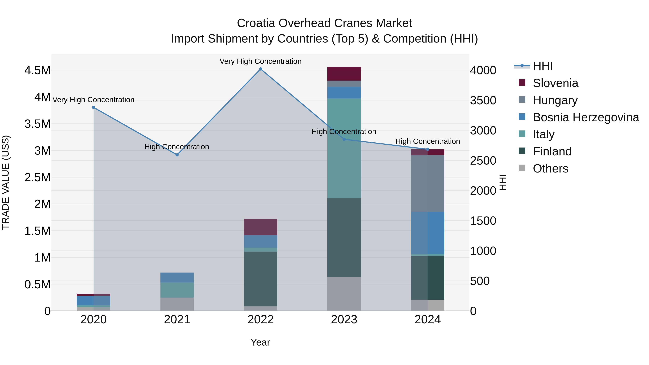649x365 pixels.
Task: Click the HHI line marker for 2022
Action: point(261,69)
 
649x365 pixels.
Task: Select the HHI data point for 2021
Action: point(177,155)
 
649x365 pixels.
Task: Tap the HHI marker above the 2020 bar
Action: point(93,107)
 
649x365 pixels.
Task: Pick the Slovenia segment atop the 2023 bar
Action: point(344,74)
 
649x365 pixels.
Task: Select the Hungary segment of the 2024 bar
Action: point(428,183)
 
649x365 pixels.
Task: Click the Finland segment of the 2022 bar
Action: point(261,279)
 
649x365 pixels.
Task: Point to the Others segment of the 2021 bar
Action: point(177,304)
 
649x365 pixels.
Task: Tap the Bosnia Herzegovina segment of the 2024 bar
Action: point(428,233)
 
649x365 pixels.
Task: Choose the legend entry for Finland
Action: point(552,151)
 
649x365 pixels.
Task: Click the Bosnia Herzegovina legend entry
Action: point(586,117)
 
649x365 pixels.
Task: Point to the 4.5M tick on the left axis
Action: point(37,70)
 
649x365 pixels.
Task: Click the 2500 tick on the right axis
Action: point(483,161)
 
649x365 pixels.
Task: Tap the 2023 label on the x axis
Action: point(344,320)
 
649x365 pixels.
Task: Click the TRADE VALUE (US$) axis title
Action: point(6,182)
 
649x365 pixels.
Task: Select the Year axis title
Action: point(260,342)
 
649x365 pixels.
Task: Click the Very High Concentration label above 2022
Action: point(261,61)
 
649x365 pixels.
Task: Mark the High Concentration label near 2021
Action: point(177,147)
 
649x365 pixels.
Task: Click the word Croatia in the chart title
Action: point(256,23)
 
